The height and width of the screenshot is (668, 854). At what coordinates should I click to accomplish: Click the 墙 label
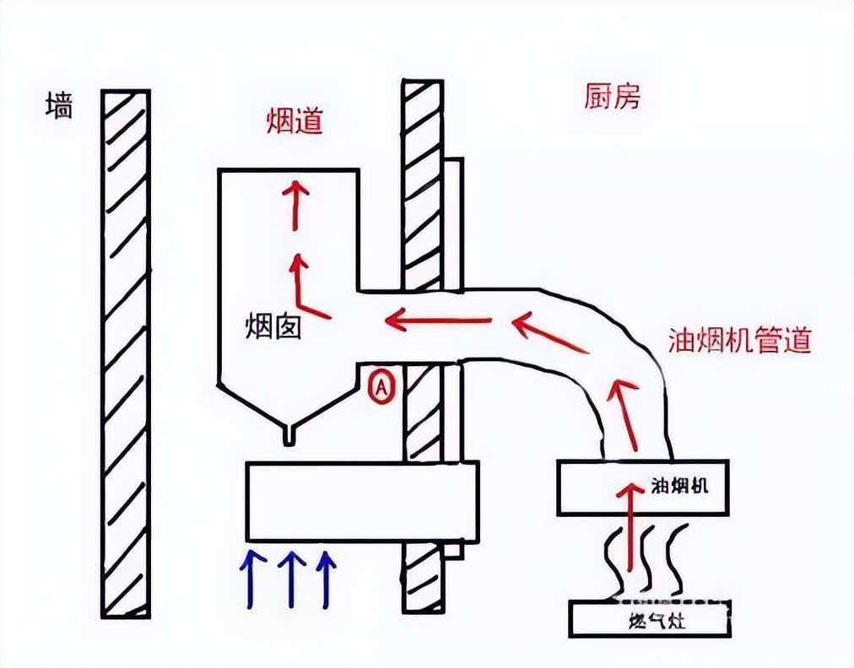[59, 107]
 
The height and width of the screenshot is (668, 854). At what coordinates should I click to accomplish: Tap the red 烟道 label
[295, 123]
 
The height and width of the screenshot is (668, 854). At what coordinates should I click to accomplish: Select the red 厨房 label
[612, 97]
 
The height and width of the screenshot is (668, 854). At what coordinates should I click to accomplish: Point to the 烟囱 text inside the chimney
[273, 326]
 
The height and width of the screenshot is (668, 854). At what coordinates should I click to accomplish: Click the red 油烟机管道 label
[739, 340]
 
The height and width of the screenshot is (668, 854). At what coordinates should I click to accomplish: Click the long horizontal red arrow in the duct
[438, 320]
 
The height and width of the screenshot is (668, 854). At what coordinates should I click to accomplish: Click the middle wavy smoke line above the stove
[645, 557]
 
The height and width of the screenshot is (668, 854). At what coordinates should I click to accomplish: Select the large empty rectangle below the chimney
[361, 501]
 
